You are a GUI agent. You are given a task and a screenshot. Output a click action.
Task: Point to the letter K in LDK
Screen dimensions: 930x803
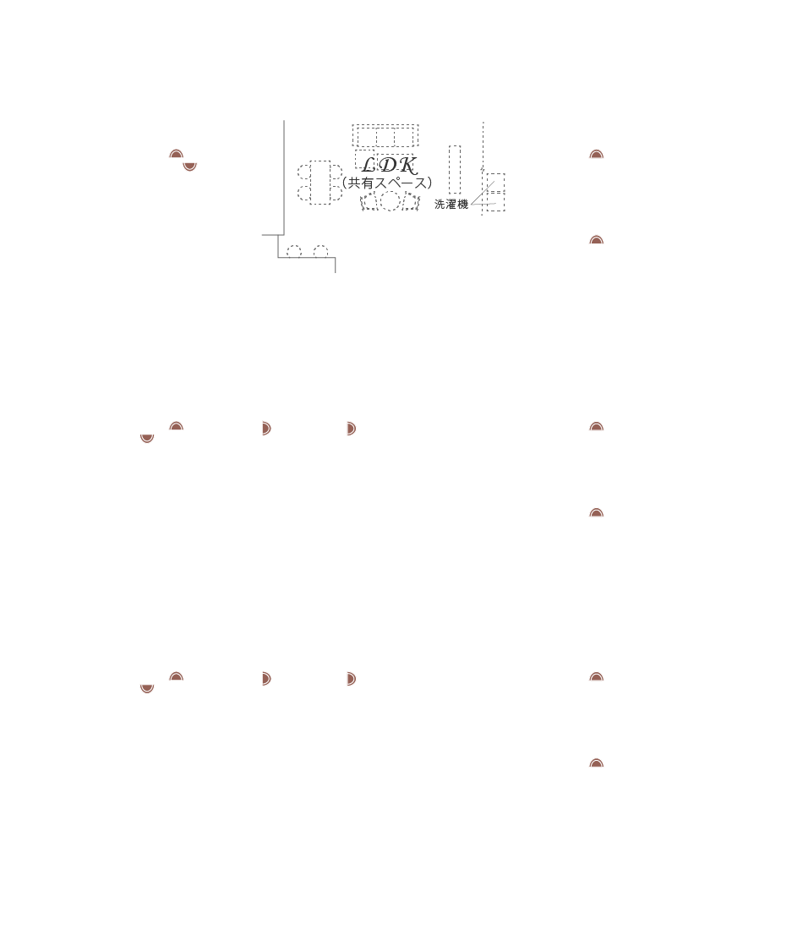(x=407, y=165)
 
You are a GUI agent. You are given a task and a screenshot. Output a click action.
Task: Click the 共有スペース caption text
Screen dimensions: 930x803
(x=387, y=183)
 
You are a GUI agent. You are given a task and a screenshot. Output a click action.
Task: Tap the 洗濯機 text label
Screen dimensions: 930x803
(x=451, y=205)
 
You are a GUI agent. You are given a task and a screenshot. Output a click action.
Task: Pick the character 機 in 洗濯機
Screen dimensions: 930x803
(x=462, y=205)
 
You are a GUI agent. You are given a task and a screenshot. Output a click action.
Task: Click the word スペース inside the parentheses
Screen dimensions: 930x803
(x=401, y=183)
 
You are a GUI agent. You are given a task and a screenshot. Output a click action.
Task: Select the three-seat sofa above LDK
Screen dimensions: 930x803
(x=385, y=136)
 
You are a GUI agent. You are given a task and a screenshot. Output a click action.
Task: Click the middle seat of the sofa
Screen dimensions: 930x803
(x=385, y=137)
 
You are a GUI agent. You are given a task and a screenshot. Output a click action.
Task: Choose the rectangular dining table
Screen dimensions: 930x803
(x=320, y=183)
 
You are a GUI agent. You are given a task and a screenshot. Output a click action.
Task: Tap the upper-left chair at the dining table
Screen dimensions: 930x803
(x=303, y=172)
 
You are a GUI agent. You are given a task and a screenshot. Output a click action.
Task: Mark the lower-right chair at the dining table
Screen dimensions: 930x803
(x=336, y=194)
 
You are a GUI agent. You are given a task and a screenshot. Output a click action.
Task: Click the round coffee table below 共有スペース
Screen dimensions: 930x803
(x=390, y=201)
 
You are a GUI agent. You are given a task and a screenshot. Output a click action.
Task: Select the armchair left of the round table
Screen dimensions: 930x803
(x=368, y=202)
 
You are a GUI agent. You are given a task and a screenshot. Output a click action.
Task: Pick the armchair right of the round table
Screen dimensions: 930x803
(x=412, y=202)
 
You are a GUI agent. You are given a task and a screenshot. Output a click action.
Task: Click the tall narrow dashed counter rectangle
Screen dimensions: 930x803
(x=455, y=169)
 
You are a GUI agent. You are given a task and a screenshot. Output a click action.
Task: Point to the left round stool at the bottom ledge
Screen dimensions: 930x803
(x=294, y=251)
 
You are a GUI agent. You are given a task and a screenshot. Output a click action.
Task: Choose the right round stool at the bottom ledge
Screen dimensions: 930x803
(x=320, y=251)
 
